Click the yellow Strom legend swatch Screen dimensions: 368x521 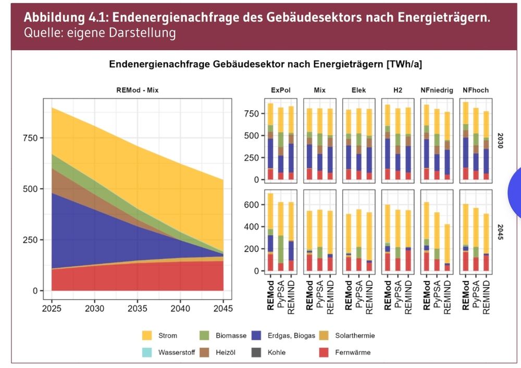148,336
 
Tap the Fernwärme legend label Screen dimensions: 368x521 352,352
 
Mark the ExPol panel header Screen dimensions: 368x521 281,90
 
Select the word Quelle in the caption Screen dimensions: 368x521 41,32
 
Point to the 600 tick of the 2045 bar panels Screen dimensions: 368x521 253,205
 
